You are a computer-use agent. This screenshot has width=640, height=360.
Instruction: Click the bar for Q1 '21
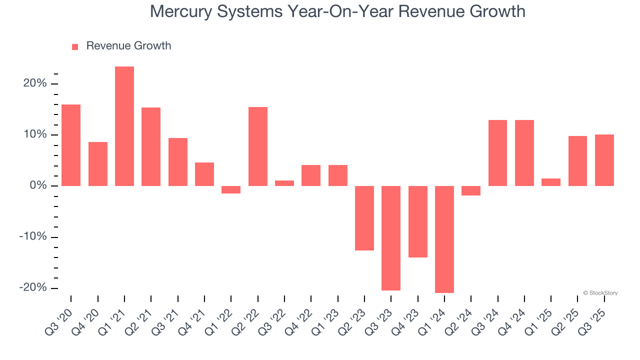(124, 126)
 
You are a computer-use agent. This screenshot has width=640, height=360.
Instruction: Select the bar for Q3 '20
(71, 145)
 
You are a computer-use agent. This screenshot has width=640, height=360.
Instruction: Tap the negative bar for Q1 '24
(444, 239)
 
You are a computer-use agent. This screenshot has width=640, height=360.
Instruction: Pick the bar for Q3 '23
(391, 238)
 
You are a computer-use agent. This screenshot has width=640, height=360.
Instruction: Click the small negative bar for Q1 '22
(231, 189)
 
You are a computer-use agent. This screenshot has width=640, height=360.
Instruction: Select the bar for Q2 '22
(258, 146)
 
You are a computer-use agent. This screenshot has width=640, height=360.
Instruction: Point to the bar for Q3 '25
(604, 160)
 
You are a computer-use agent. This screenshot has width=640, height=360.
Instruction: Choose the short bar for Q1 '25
(551, 182)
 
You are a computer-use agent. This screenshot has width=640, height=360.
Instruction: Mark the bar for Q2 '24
(471, 190)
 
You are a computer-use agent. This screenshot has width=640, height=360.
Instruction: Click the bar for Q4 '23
(418, 221)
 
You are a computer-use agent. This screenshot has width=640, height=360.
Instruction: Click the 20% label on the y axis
(35, 83)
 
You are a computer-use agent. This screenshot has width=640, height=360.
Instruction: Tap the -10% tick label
(33, 237)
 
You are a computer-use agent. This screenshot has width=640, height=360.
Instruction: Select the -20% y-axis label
(33, 288)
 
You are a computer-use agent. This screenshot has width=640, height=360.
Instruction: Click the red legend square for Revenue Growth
(75, 47)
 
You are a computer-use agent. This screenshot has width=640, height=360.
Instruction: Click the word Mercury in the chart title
(181, 11)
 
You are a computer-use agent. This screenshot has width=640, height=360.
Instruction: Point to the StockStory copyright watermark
(600, 293)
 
